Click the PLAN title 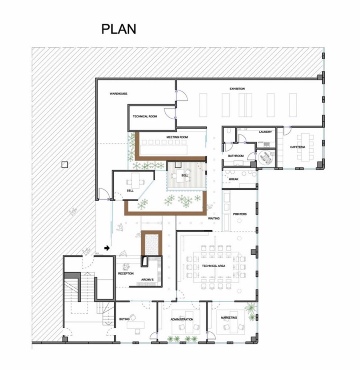point(119,29)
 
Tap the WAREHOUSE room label point(118,94)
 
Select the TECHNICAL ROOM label point(145,116)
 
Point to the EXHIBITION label point(237,89)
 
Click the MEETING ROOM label point(177,137)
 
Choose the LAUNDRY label point(265,132)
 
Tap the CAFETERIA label point(298,147)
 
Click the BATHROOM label point(236,156)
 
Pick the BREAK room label point(234,179)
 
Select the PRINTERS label point(240,214)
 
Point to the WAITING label point(214,218)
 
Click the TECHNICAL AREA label point(214,266)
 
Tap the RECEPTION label point(126,274)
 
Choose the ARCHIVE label point(147,280)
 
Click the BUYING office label point(124,319)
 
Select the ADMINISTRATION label point(182,320)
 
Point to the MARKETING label point(229,318)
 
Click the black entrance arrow point(107,248)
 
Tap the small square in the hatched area point(65,164)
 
